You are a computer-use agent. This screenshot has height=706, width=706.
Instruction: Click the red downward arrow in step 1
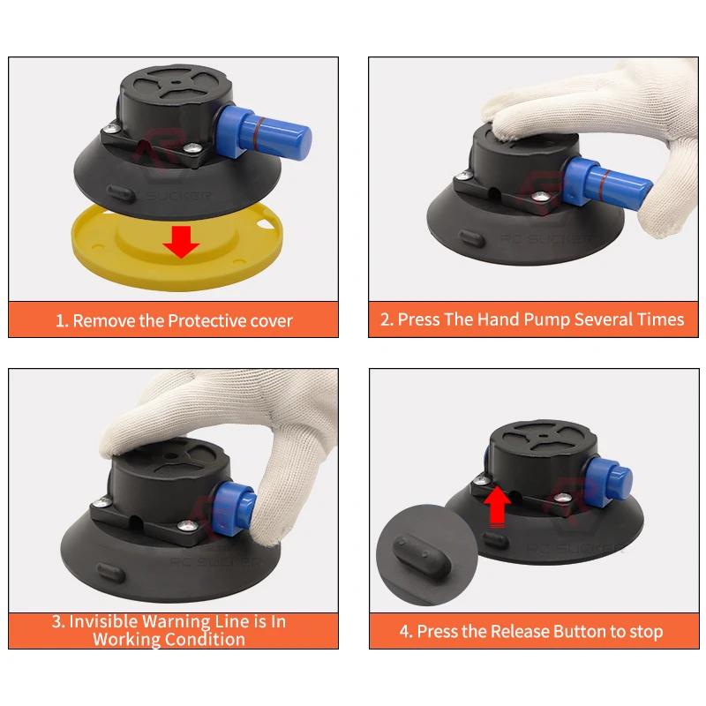coord(182,241)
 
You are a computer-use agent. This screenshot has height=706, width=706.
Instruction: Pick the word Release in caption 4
coord(514,631)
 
